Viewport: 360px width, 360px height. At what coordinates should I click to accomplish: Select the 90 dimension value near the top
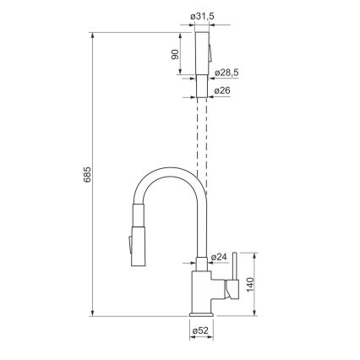point(175,54)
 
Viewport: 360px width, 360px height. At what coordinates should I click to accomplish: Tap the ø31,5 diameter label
point(201,15)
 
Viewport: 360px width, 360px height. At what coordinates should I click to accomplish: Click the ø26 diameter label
point(223,90)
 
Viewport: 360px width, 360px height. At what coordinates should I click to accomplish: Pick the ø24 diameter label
point(218,257)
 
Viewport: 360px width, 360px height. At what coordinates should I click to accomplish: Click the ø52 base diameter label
point(200,330)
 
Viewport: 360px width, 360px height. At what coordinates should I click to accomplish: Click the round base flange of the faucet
point(201,314)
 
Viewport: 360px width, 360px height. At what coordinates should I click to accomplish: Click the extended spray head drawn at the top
point(201,55)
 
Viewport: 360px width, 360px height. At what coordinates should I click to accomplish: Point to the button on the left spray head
point(128,245)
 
